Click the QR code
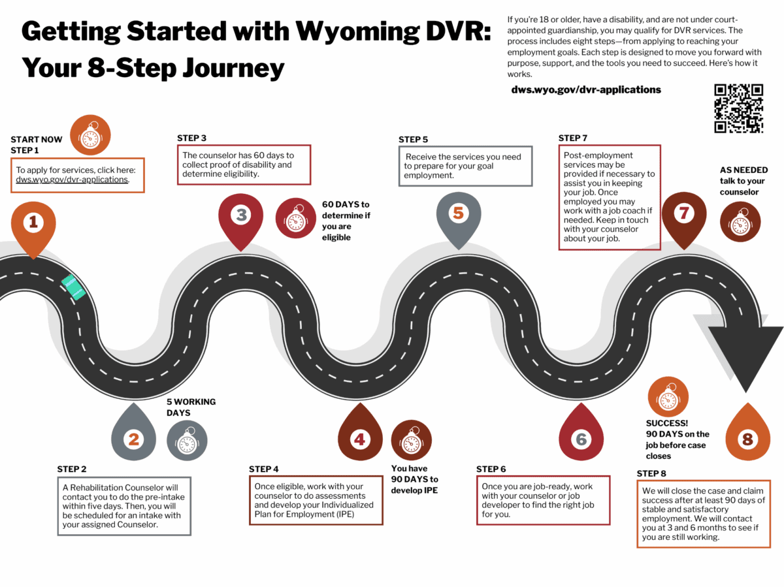tap(738, 108)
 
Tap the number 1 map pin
tap(33, 225)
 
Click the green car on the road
tap(73, 288)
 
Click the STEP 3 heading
tap(191, 138)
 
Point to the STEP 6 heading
tap(491, 469)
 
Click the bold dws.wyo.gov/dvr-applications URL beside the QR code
tap(586, 89)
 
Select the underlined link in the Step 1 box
tap(72, 179)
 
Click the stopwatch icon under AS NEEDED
tap(740, 222)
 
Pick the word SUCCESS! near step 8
tap(666, 423)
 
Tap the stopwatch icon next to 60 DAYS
tap(297, 219)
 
